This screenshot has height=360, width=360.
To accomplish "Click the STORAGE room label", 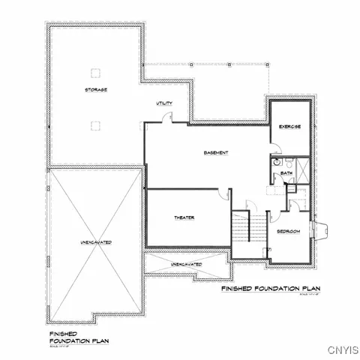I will [95, 90].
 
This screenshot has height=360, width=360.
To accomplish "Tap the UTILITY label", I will [164, 103].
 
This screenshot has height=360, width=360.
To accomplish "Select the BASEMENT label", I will [215, 153].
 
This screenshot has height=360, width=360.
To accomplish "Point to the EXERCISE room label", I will [289, 127].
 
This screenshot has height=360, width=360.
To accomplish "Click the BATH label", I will [287, 174].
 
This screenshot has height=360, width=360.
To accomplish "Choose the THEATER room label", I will [184, 217].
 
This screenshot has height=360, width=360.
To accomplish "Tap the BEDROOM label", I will [289, 232].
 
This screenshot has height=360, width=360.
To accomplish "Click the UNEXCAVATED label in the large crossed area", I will [96, 243].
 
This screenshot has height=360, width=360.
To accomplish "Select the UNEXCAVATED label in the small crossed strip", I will [186, 265].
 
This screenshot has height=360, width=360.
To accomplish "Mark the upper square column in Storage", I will [95, 72].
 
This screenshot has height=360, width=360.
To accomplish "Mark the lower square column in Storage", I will [95, 124].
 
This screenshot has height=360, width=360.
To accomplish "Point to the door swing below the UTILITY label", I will [169, 117].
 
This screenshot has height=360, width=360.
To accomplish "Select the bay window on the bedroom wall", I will [323, 232].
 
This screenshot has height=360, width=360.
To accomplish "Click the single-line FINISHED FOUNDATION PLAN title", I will [271, 288].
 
